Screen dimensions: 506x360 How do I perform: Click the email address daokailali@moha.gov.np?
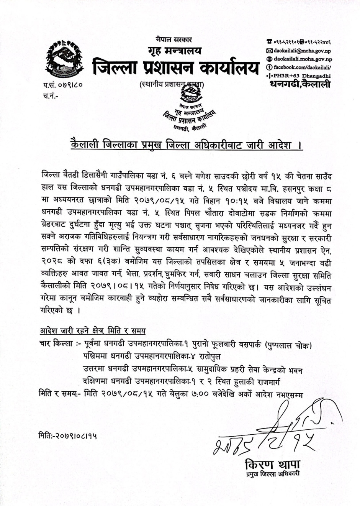(x=302, y=51)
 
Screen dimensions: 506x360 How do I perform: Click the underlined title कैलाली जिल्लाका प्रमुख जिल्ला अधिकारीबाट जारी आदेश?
(x=187, y=146)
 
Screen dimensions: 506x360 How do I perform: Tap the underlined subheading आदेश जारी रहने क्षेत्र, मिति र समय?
(x=92, y=331)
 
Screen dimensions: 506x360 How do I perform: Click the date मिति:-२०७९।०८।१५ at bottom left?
(x=67, y=435)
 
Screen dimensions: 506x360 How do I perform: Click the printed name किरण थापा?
(x=273, y=465)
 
